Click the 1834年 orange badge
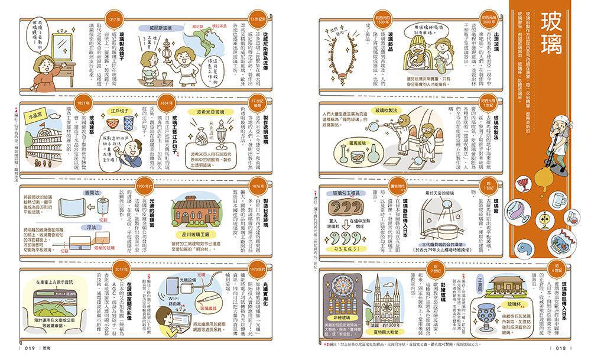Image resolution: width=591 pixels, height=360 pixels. (x=167, y=103)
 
